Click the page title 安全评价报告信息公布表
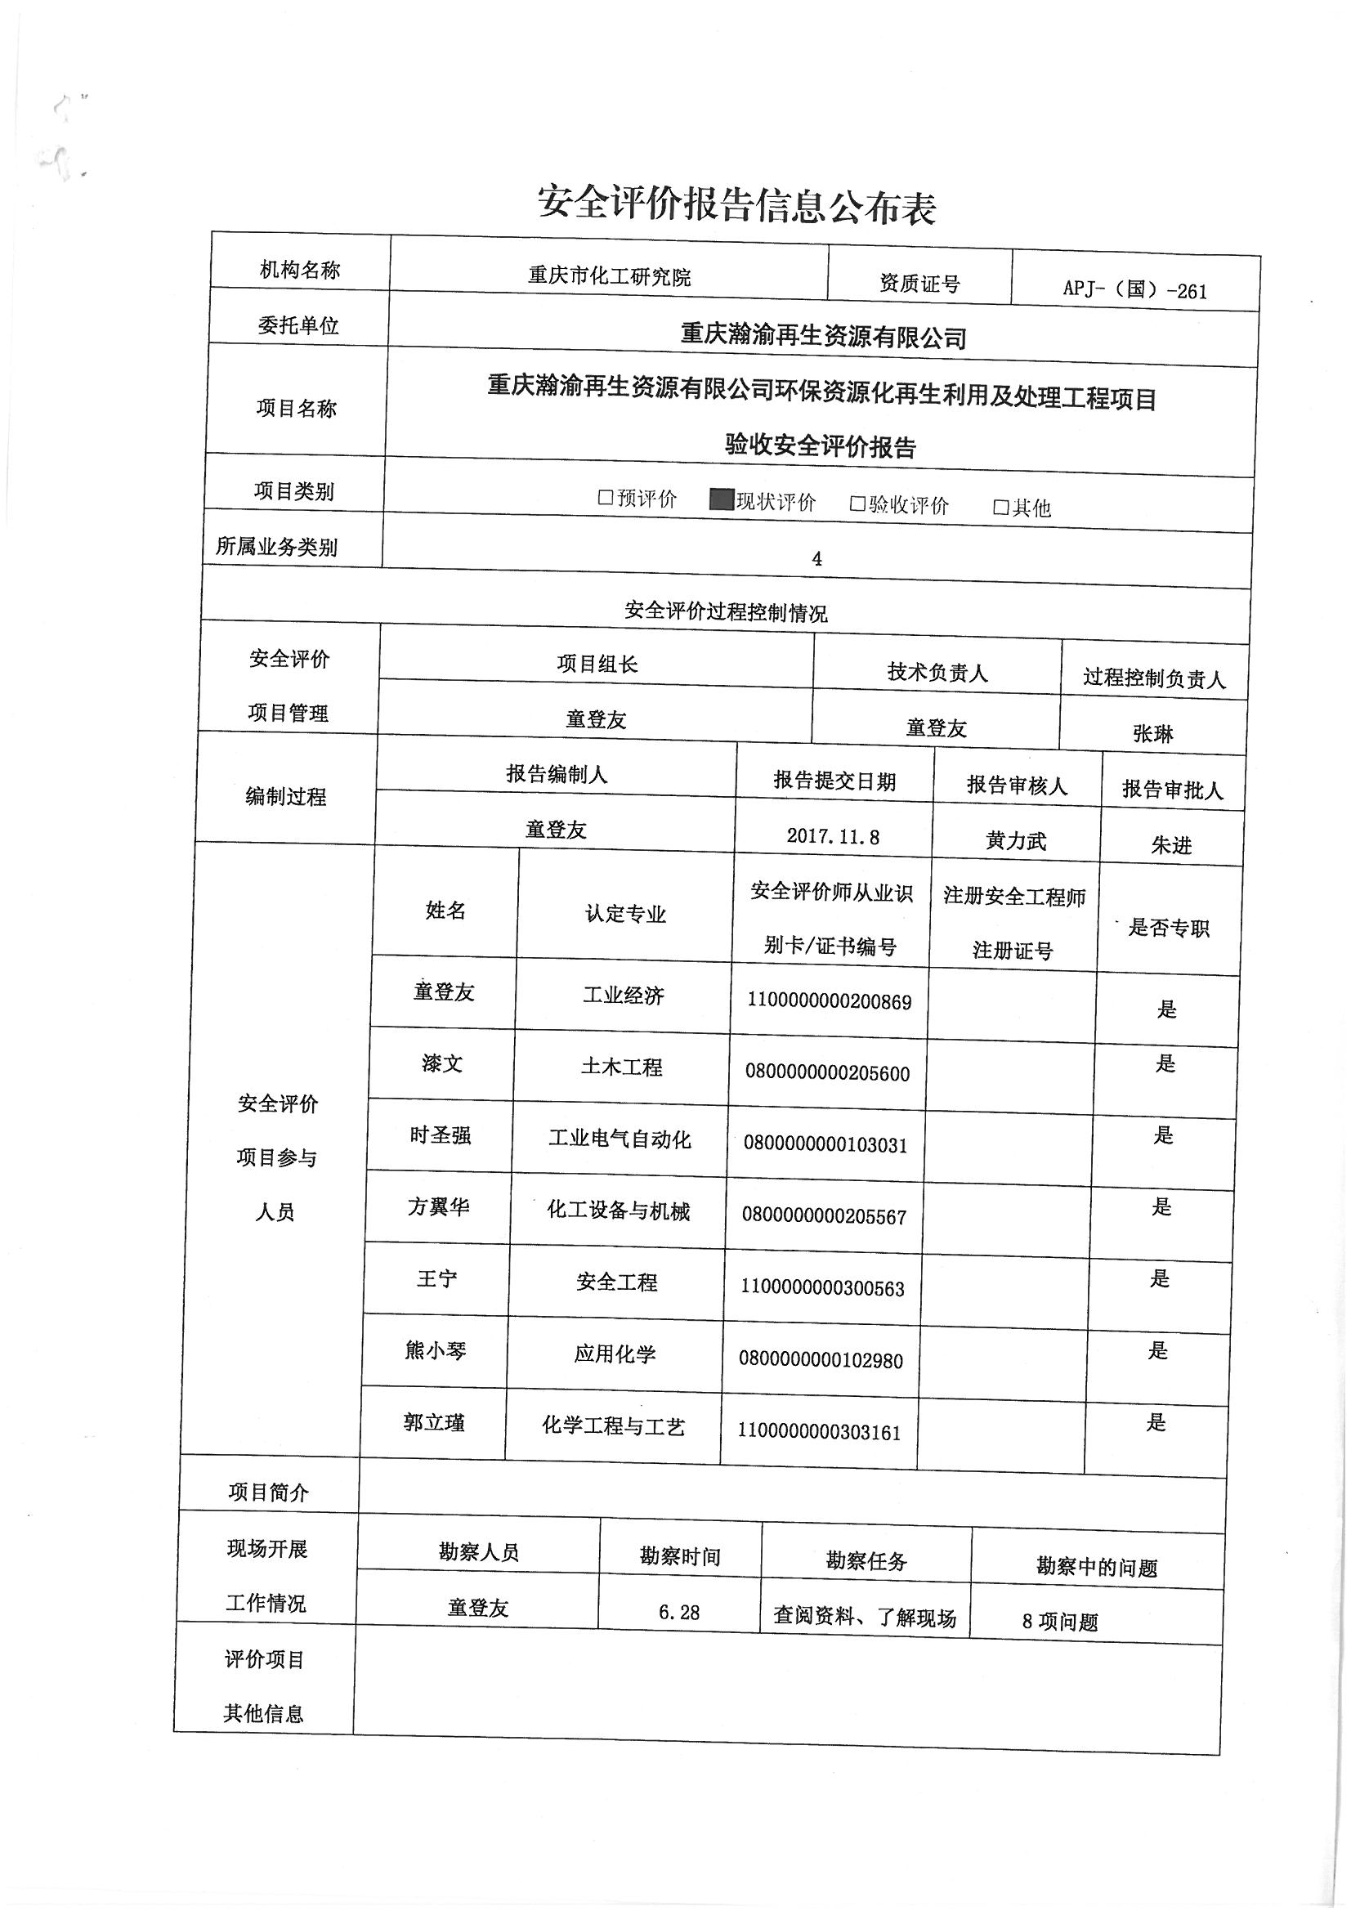(x=736, y=206)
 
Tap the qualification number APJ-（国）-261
(x=1134, y=290)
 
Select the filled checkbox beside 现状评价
(x=720, y=499)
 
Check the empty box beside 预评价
(x=606, y=498)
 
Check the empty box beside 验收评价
(x=857, y=503)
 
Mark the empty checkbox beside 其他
(x=1001, y=508)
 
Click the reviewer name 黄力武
(x=1016, y=841)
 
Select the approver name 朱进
(x=1171, y=846)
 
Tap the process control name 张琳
(x=1153, y=733)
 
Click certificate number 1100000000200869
(x=829, y=1001)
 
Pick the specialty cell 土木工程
(x=622, y=1067)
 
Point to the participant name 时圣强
(x=441, y=1135)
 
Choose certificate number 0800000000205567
(x=824, y=1216)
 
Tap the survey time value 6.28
(x=679, y=1612)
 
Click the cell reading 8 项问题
(x=1060, y=1622)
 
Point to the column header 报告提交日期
(x=834, y=780)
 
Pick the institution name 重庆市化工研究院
(x=610, y=276)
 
